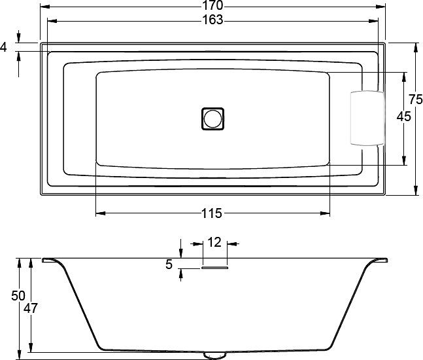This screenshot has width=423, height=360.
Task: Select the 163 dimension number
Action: click(212, 20)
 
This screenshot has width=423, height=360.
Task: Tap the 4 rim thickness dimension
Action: click(5, 47)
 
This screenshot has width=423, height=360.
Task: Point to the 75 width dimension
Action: click(415, 99)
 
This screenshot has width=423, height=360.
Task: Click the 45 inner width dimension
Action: click(403, 117)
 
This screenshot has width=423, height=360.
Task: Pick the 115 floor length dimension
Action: click(212, 213)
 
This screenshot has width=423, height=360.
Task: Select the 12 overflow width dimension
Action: click(214, 242)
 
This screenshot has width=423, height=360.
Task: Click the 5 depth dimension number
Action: click(169, 264)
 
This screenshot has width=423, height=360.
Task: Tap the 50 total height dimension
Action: click(18, 296)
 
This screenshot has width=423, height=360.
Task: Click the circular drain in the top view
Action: click(212, 118)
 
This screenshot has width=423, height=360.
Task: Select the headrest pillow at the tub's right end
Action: click(366, 118)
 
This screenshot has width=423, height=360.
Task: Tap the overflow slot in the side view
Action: click(214, 266)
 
